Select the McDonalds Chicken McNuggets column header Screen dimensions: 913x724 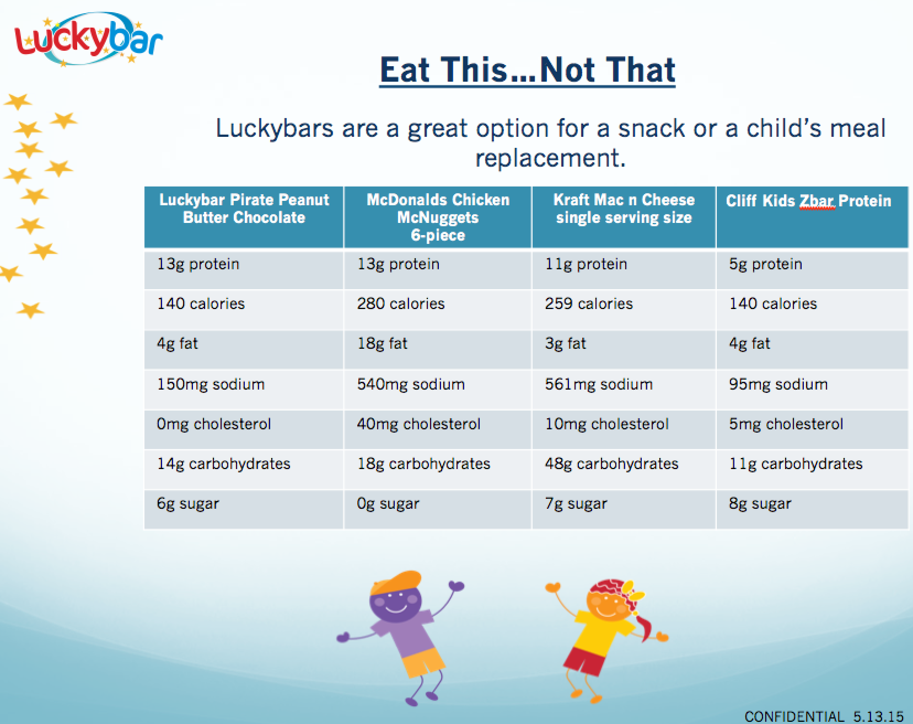(x=438, y=217)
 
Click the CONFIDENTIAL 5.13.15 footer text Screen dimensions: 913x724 (x=824, y=716)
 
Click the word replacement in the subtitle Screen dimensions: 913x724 (x=550, y=158)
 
